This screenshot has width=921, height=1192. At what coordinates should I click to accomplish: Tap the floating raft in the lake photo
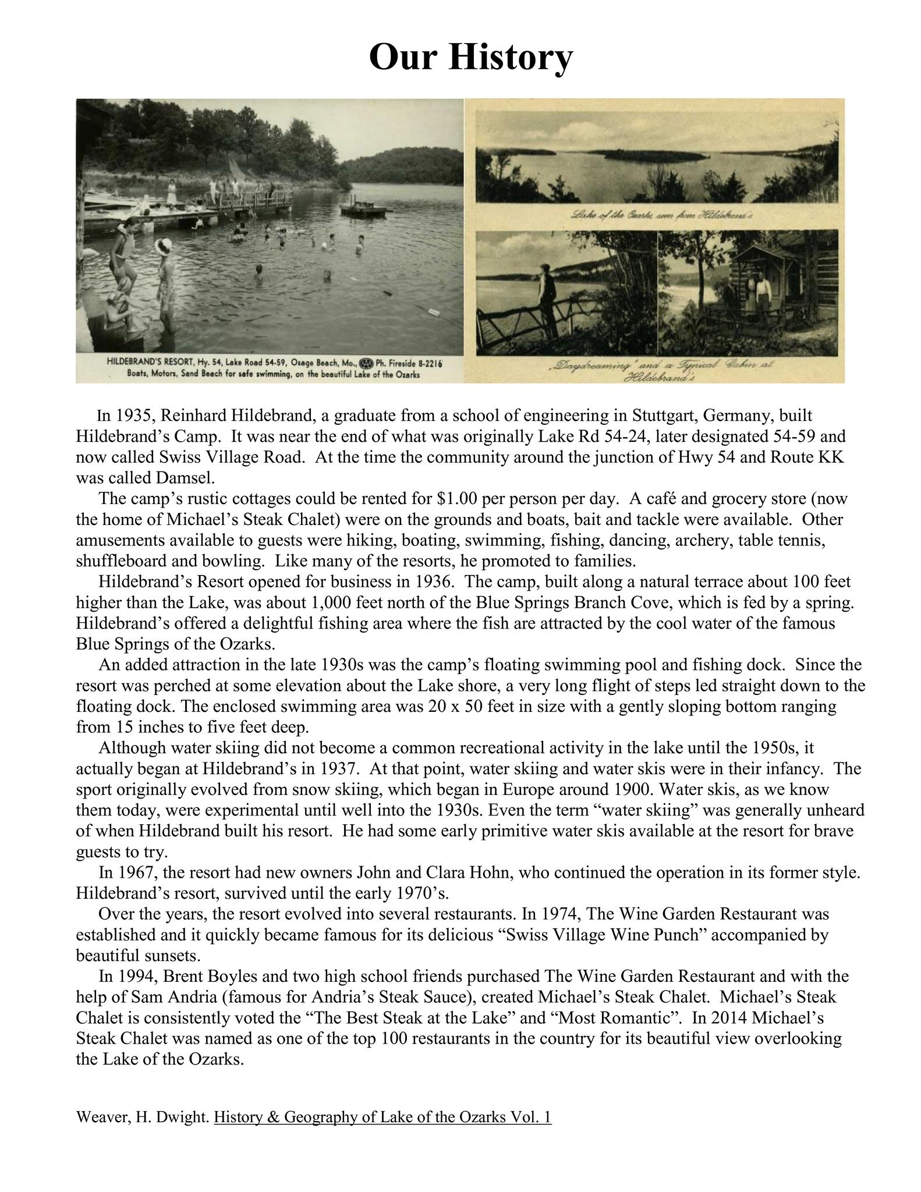coord(363,209)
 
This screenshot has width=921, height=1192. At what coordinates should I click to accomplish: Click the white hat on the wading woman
coord(164,245)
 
